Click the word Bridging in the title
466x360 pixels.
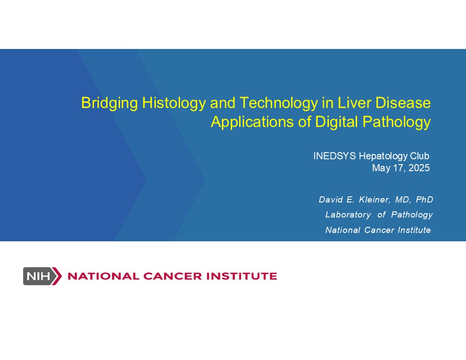(x=109, y=103)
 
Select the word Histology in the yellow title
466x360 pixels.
(x=174, y=103)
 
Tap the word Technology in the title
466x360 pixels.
(x=278, y=103)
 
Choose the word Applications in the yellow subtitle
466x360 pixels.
(x=252, y=122)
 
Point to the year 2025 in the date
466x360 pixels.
(x=419, y=168)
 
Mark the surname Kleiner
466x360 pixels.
(x=375, y=199)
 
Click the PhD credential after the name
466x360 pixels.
(x=425, y=199)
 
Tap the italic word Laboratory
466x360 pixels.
(x=348, y=215)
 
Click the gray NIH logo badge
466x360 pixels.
(x=42, y=276)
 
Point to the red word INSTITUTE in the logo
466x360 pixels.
(x=242, y=276)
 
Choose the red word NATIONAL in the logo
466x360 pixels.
(x=103, y=276)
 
